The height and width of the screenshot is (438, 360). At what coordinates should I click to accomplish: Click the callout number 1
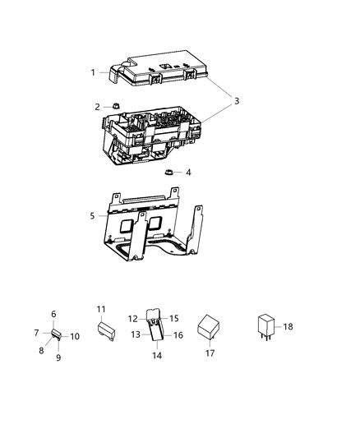click(93, 72)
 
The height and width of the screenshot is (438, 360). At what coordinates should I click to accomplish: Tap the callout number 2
click(97, 107)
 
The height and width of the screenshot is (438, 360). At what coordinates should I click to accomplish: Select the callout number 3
click(237, 101)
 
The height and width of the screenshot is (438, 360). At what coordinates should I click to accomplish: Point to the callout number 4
click(188, 173)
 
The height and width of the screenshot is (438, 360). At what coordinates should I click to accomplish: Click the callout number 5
click(93, 216)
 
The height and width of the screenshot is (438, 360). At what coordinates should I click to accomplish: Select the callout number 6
click(54, 314)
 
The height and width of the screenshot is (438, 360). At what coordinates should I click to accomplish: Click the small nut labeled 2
click(117, 106)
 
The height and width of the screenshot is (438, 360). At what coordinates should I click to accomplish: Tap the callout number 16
click(178, 335)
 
